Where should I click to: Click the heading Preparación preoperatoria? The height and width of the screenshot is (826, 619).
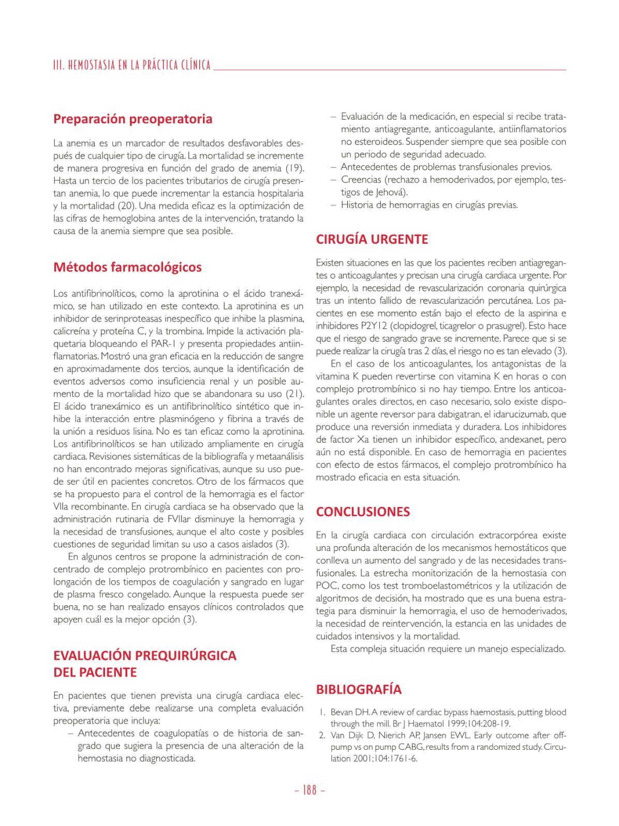click(x=132, y=119)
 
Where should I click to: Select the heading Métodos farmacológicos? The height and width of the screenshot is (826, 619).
click(x=127, y=267)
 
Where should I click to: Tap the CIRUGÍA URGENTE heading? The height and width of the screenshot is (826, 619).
click(x=372, y=239)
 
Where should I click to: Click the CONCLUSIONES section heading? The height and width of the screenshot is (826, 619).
click(x=363, y=512)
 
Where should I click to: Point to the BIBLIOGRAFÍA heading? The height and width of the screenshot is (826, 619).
click(x=359, y=689)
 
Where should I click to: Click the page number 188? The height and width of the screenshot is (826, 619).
click(x=309, y=790)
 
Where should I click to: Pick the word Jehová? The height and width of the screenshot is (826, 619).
click(x=390, y=192)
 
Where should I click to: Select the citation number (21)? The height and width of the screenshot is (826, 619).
click(x=294, y=394)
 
